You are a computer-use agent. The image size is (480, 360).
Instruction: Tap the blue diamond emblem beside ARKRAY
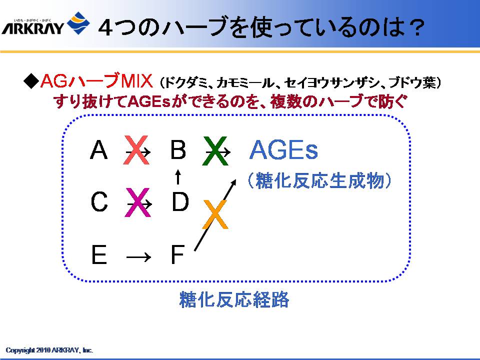tap(78, 23)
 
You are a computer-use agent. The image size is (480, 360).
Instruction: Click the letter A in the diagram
tap(98, 149)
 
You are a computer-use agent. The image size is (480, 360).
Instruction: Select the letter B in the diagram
tap(178, 149)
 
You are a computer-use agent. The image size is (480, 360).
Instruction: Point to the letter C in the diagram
tap(99, 201)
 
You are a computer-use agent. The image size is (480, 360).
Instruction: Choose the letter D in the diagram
tap(180, 201)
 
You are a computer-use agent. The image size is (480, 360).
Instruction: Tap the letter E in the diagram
tap(99, 254)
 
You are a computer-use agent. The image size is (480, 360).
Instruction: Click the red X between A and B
tap(136, 150)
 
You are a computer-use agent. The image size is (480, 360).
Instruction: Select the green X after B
tap(215, 151)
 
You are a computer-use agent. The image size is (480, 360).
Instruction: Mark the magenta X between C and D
tap(138, 202)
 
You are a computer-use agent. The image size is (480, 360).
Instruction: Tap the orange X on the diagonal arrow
tap(215, 214)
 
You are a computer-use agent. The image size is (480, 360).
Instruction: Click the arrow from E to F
tap(138, 256)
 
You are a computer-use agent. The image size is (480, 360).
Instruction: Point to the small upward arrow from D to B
tap(178, 176)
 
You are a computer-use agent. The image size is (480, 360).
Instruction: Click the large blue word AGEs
tap(283, 149)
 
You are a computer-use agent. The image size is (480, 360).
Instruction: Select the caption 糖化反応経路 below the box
tap(234, 299)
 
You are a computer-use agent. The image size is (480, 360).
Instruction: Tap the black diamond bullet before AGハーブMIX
tap(31, 81)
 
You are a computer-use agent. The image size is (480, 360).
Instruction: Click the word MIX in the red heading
tap(136, 81)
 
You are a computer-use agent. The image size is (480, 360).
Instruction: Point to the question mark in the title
tap(415, 27)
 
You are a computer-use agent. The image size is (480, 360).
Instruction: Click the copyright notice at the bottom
tap(49, 350)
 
